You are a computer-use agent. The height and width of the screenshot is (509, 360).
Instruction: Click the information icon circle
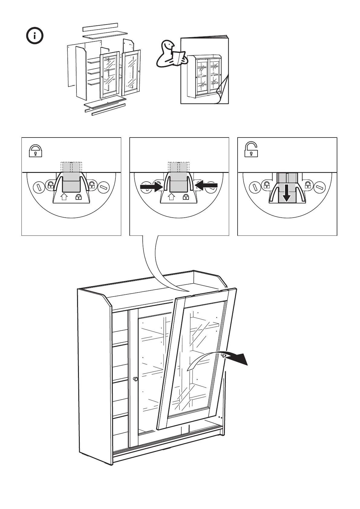pos(34,36)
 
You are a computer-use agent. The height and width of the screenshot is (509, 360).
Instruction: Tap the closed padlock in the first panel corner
pos(35,151)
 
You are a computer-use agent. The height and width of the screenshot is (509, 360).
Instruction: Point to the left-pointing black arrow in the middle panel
pos(206,185)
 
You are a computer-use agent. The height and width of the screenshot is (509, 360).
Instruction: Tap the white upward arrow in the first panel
pos(64,197)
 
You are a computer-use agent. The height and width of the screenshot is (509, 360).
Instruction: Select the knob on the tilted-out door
pos(223,355)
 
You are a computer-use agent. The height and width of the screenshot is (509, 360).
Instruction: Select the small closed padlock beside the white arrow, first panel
pos(78,197)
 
